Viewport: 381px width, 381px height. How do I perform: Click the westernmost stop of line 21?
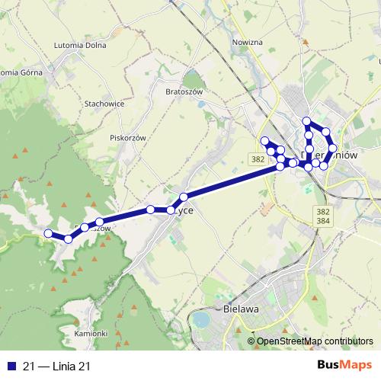point(47,233)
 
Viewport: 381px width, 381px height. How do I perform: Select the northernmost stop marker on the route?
point(306,121)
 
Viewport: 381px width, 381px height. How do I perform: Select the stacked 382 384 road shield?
point(322,216)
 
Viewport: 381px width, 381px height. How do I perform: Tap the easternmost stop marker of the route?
point(332,149)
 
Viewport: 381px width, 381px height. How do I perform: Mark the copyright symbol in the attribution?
point(251,341)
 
